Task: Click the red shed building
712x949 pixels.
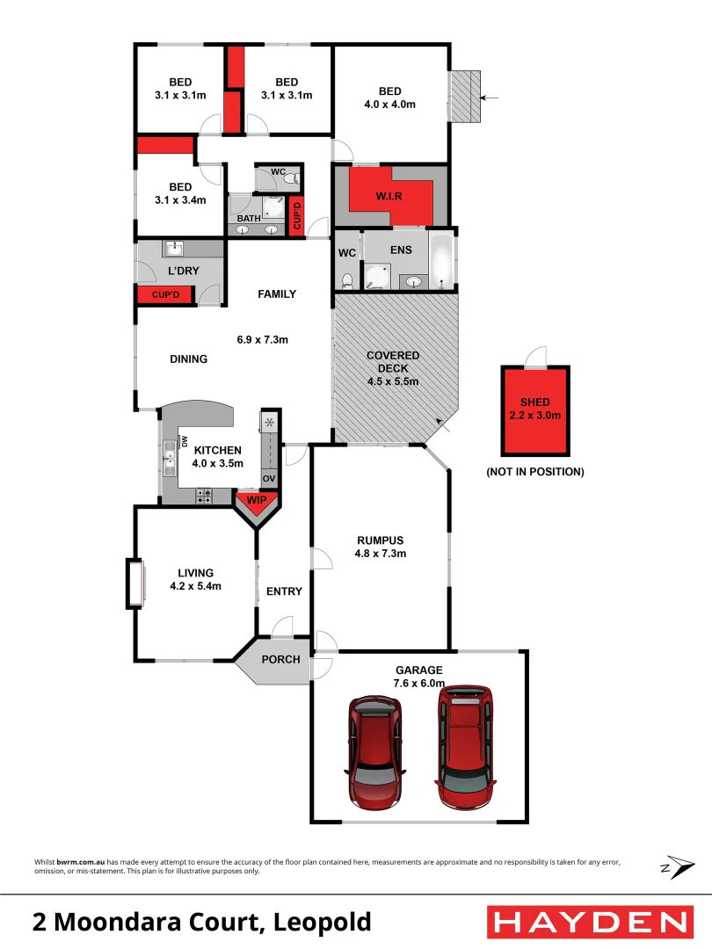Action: pyautogui.click(x=534, y=410)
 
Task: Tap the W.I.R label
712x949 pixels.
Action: pyautogui.click(x=390, y=196)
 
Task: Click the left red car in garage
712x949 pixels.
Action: pyautogui.click(x=375, y=752)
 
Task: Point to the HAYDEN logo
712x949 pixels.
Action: pyautogui.click(x=588, y=922)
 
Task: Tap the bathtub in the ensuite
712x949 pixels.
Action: pyautogui.click(x=442, y=261)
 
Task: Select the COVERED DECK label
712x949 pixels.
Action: pyautogui.click(x=393, y=361)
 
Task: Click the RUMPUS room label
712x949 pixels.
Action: pyautogui.click(x=380, y=540)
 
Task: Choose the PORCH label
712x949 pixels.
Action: pyautogui.click(x=281, y=659)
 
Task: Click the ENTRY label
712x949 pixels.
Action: pyautogui.click(x=284, y=591)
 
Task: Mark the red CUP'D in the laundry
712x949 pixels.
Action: pyautogui.click(x=166, y=295)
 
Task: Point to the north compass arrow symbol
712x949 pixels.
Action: pyautogui.click(x=673, y=866)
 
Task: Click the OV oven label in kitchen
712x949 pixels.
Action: pyautogui.click(x=269, y=478)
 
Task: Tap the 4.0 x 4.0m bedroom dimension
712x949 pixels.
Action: pyautogui.click(x=390, y=104)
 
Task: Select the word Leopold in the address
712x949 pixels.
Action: pyautogui.click(x=323, y=923)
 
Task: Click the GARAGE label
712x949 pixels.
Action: pyautogui.click(x=418, y=670)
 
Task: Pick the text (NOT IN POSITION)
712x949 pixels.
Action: pyautogui.click(x=534, y=472)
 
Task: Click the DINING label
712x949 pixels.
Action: pyautogui.click(x=188, y=359)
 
